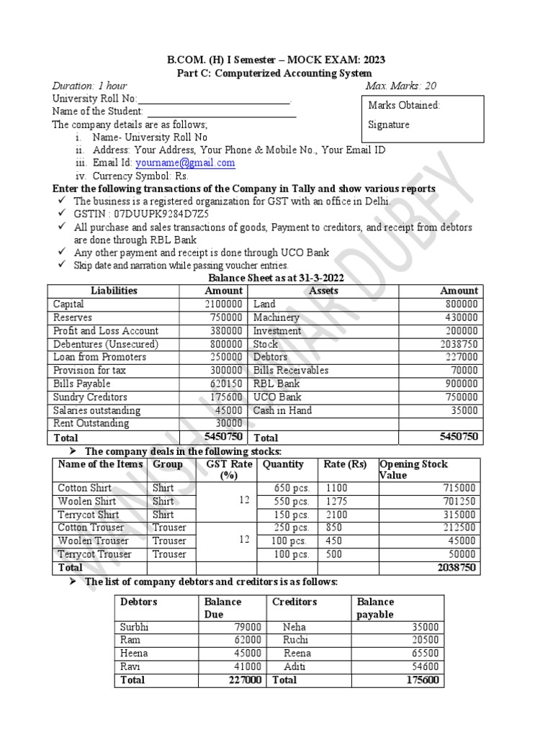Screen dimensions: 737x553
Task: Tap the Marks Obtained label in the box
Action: click(404, 105)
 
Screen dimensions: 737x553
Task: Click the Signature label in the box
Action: click(389, 125)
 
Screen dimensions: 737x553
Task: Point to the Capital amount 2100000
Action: click(223, 304)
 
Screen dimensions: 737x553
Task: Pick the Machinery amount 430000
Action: click(461, 317)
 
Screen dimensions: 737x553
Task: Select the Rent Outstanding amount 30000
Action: click(230, 423)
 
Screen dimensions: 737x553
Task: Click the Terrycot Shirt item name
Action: click(89, 515)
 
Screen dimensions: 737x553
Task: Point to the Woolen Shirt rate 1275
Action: click(336, 501)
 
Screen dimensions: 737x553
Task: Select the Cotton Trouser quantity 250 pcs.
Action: click(292, 528)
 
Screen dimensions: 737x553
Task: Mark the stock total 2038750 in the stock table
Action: click(456, 568)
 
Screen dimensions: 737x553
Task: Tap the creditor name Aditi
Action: click(295, 666)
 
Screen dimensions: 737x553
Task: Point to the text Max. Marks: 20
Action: click(400, 86)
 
